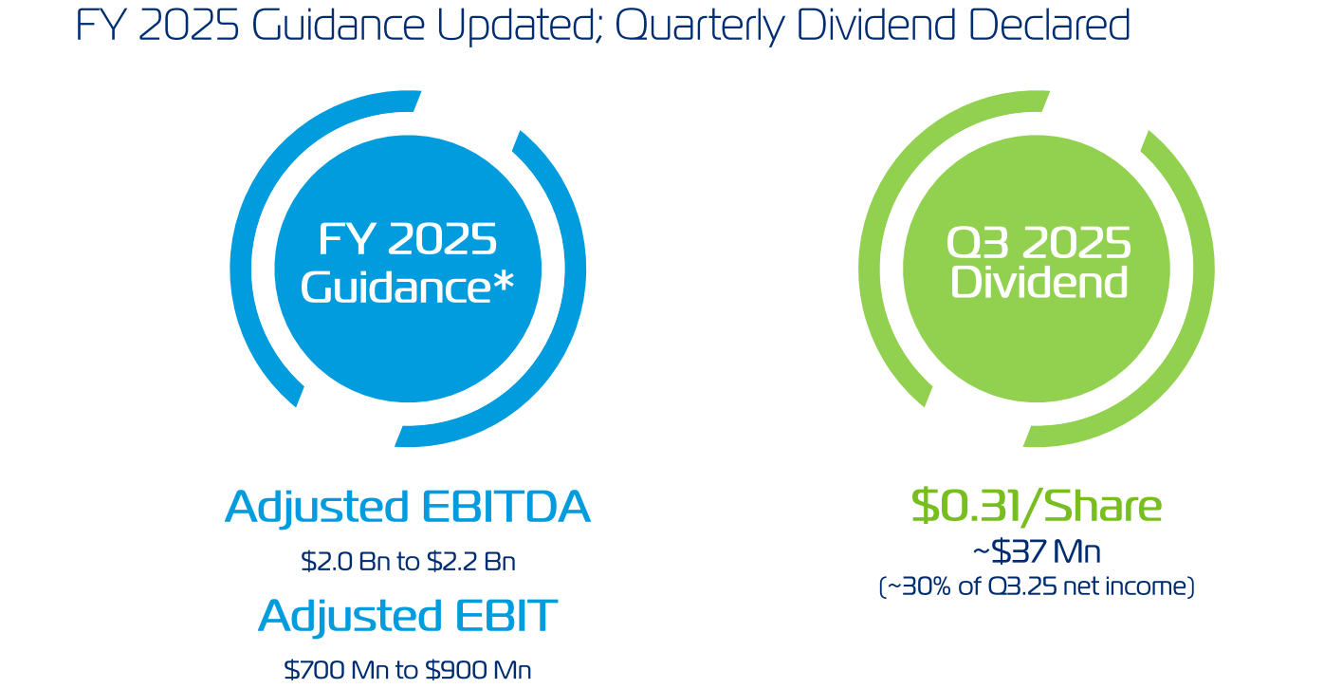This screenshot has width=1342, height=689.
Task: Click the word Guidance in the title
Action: (x=338, y=26)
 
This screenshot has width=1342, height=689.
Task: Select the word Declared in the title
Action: (x=1049, y=26)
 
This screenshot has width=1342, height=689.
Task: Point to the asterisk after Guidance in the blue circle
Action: (x=504, y=280)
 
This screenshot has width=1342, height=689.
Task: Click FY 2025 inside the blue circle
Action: (x=408, y=239)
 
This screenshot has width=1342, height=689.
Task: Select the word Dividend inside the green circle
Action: (x=1039, y=282)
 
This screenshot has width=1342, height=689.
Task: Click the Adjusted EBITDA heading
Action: (x=408, y=507)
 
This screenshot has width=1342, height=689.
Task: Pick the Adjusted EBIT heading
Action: (x=408, y=615)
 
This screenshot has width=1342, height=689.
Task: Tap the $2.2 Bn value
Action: (x=471, y=561)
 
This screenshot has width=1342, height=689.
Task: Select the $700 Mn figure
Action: (x=336, y=670)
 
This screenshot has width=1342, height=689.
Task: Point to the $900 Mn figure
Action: (x=478, y=670)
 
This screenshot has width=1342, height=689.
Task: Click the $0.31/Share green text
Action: (x=1037, y=506)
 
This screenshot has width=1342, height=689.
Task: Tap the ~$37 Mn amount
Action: (x=1037, y=551)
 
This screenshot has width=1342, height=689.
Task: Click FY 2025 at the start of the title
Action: (x=157, y=26)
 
